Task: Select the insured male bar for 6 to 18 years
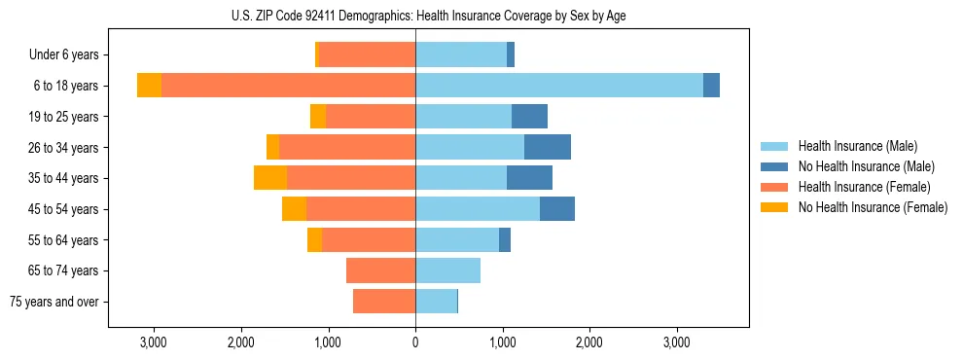tap(559, 86)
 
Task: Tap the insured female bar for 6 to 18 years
tap(288, 86)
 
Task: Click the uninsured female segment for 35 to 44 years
tap(270, 178)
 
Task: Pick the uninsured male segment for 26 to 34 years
tap(548, 147)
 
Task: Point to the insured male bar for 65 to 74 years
tap(447, 270)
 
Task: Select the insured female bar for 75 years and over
tap(384, 302)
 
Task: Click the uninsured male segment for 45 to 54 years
tap(557, 209)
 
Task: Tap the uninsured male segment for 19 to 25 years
tap(529, 117)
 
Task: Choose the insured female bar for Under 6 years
tap(367, 54)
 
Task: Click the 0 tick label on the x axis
tap(415, 342)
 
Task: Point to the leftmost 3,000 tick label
tap(154, 342)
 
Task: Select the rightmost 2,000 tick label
tap(589, 342)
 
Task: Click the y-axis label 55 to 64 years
tap(63, 240)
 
